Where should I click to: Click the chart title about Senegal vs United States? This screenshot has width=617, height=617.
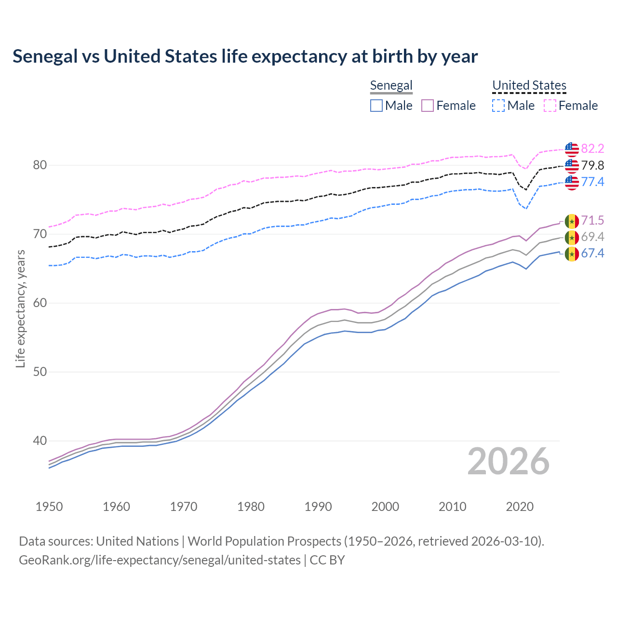click(x=245, y=56)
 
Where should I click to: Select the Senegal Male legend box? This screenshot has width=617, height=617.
click(x=376, y=106)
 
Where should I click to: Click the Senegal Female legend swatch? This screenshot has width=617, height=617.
click(x=428, y=106)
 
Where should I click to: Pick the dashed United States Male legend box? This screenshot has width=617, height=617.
click(x=498, y=106)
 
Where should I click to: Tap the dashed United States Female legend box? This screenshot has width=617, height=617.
click(x=550, y=106)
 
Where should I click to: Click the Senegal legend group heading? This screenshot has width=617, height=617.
click(x=391, y=85)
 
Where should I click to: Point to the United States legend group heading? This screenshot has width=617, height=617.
click(x=529, y=85)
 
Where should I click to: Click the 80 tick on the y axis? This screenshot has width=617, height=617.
click(x=40, y=165)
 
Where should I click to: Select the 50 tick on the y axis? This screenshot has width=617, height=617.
click(x=40, y=372)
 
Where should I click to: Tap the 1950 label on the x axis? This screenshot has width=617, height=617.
click(x=49, y=507)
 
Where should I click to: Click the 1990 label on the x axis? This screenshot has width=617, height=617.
click(x=318, y=507)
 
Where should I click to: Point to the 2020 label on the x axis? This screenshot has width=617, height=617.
click(x=520, y=507)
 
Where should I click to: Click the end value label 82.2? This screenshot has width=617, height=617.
click(x=592, y=149)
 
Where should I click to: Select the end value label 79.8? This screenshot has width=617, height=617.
click(x=592, y=166)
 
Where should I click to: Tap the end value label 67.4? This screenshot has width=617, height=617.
click(x=592, y=254)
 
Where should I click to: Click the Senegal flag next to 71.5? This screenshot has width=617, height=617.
click(x=572, y=221)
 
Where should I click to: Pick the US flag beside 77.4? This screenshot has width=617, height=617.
click(x=572, y=182)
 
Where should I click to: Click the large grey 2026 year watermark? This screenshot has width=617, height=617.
click(x=508, y=461)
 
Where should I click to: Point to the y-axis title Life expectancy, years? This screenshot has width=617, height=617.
click(x=21, y=308)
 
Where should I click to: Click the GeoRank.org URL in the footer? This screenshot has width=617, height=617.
click(x=160, y=560)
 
